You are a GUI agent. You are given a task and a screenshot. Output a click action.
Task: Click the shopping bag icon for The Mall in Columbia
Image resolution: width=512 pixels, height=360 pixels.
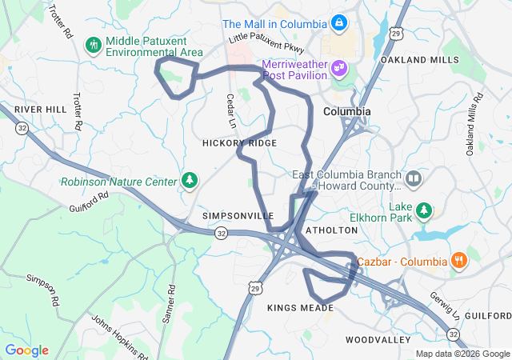tap(338, 22)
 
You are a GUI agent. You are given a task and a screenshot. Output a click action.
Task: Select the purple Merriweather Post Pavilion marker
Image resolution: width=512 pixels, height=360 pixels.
tap(339, 67)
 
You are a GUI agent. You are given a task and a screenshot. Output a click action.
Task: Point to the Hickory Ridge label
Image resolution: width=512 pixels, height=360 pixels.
tap(239, 142)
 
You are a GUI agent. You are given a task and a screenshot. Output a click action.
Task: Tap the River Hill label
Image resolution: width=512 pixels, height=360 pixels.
tap(39, 108)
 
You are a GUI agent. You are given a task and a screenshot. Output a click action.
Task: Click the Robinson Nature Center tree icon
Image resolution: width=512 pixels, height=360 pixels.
tap(190, 181)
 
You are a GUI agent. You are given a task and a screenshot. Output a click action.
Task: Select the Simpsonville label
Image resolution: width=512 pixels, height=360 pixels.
tap(238, 216)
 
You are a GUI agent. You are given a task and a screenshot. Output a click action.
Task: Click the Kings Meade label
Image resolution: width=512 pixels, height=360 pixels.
tap(300, 308)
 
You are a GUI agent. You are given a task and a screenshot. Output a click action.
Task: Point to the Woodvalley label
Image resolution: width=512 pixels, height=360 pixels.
tap(378, 340)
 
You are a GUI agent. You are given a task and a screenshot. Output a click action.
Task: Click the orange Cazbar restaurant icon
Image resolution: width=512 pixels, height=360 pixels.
tap(458, 261)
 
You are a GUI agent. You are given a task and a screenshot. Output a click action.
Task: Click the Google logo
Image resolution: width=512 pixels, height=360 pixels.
tap(27, 350)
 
